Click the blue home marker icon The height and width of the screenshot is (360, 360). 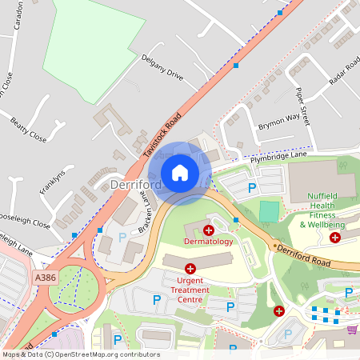pos(180,172)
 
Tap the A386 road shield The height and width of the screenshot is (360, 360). pos(46,277)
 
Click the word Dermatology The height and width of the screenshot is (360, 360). pos(208,241)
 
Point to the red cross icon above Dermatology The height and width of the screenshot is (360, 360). pos(208,230)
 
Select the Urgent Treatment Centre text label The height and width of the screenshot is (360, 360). pos(190,290)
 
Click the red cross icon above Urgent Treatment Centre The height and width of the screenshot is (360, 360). pos(190,269)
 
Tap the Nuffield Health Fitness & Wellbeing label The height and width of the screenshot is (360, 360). pos(328,214)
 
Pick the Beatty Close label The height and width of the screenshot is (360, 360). pos(29,130)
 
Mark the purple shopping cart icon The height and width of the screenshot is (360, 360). pos(352,329)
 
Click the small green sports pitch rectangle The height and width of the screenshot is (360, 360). pos(270,212)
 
